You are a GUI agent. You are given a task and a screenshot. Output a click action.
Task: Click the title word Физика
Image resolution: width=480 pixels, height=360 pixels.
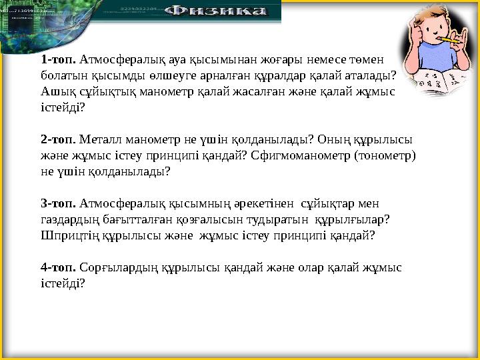[x=216, y=11]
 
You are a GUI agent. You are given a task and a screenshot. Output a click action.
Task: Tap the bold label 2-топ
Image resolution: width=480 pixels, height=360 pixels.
[x=58, y=140]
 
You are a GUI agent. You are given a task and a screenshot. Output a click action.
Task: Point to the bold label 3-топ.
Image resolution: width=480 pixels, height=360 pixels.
[x=58, y=203]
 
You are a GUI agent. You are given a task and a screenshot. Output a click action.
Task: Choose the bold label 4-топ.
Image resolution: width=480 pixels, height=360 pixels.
[x=58, y=267]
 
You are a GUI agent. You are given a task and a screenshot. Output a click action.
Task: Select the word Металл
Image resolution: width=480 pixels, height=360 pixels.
[x=97, y=140]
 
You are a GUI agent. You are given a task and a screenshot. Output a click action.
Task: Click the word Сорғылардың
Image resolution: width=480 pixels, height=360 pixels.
[x=118, y=267]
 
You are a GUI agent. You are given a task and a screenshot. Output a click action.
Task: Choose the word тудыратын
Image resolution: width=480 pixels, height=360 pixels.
[x=275, y=219]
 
